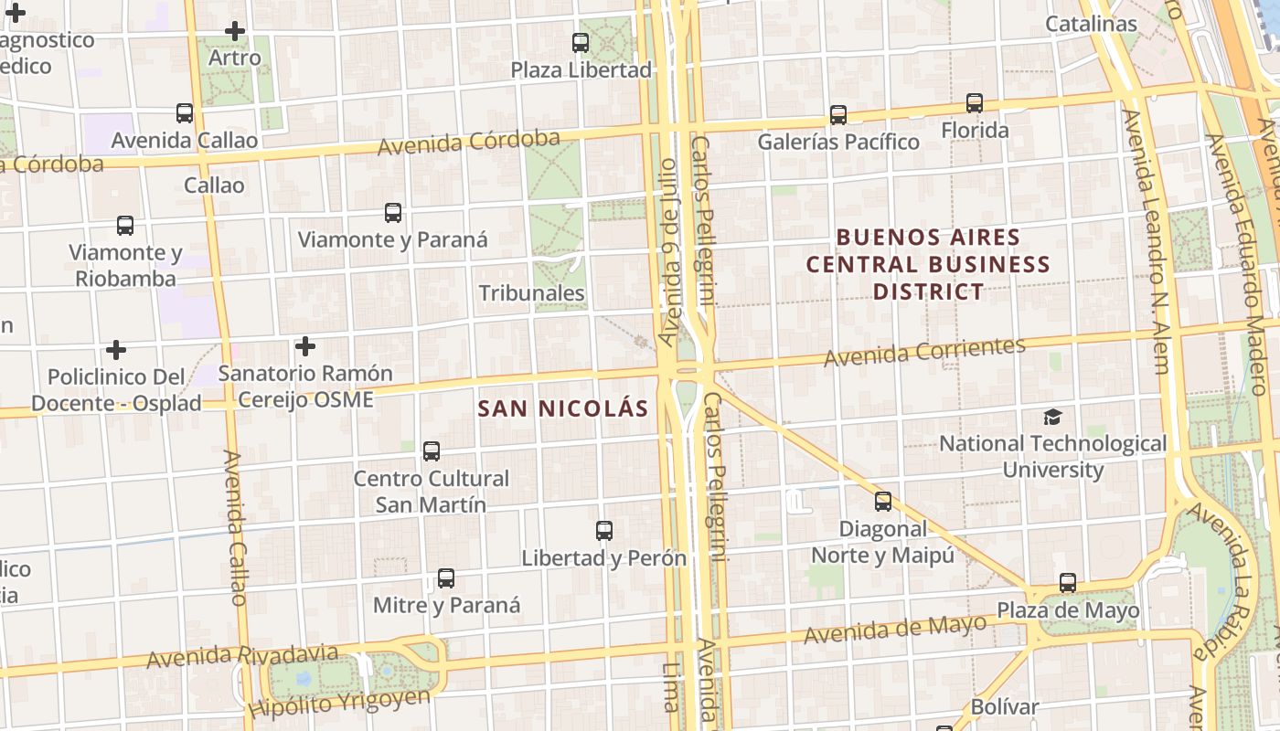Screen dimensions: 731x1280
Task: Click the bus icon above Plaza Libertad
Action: [581, 42]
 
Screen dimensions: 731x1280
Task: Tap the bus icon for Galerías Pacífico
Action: [838, 115]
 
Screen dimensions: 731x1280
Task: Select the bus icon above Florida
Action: [975, 103]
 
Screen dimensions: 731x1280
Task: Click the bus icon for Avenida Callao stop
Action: [185, 113]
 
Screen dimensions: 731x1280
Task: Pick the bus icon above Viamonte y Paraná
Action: [393, 213]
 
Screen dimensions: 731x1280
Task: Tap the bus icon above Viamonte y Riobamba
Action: [125, 225]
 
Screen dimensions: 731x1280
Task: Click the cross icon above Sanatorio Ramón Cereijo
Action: [305, 346]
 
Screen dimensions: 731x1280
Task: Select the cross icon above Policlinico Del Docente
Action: [116, 350]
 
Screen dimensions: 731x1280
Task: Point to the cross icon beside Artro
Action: [235, 31]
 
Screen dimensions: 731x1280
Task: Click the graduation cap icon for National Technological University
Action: [1053, 418]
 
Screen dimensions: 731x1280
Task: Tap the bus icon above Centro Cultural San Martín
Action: [432, 451]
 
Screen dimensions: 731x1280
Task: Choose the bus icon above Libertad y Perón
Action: [603, 531]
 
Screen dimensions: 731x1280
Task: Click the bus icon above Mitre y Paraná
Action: [446, 578]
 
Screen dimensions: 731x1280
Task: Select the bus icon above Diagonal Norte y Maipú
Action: [883, 502]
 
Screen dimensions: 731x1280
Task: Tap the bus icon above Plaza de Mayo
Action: [1068, 583]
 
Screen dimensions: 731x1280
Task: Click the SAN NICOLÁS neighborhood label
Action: [562, 408]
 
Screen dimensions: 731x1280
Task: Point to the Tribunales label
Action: [531, 293]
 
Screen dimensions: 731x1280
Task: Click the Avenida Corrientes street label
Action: [924, 352]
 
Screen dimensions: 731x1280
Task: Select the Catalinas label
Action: [1091, 24]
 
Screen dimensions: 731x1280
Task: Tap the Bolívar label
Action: [1005, 706]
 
